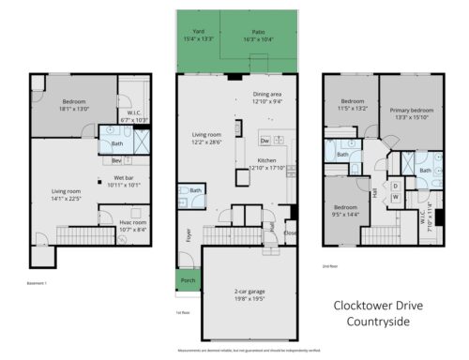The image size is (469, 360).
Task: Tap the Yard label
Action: point(197,31)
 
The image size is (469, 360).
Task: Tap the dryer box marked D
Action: point(396,185)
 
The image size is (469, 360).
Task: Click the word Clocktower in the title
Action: point(362,306)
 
